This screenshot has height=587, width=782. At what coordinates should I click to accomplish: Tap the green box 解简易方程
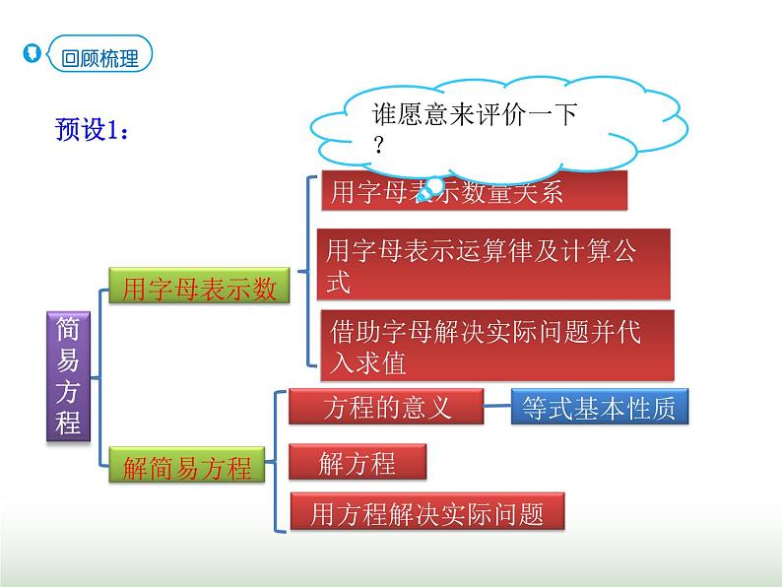click(x=187, y=466)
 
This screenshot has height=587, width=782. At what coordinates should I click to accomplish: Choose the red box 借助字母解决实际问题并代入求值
click(x=497, y=346)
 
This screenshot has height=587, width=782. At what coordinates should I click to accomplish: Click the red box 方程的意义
click(x=386, y=407)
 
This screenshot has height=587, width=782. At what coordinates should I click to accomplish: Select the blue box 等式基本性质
click(x=599, y=408)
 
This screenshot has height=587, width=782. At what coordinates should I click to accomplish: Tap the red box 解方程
click(x=357, y=463)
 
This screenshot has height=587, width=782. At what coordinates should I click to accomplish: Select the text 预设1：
click(x=93, y=129)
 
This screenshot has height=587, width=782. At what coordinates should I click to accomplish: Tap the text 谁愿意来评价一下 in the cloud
click(x=474, y=114)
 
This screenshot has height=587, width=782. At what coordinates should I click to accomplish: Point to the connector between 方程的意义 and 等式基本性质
click(x=497, y=408)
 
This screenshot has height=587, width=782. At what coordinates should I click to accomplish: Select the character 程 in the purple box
click(x=69, y=424)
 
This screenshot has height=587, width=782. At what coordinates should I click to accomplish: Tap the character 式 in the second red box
click(x=338, y=282)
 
